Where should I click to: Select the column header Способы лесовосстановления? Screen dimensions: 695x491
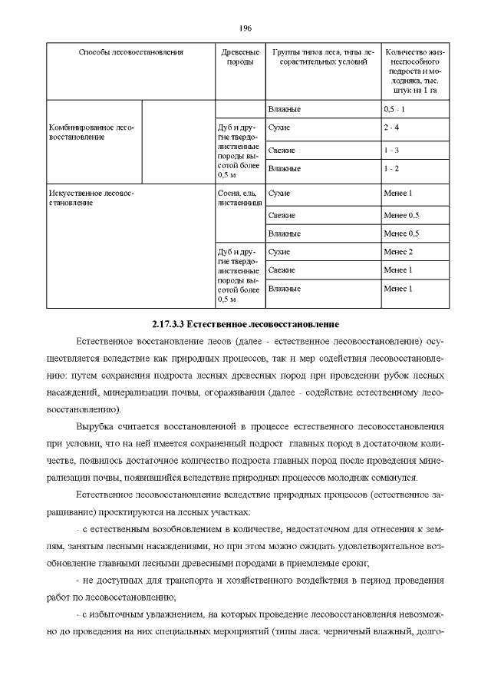point(131,52)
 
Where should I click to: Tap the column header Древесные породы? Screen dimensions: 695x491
point(239,57)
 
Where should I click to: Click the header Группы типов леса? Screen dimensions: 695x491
point(322,57)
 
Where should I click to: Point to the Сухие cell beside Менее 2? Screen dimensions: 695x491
point(279,252)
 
